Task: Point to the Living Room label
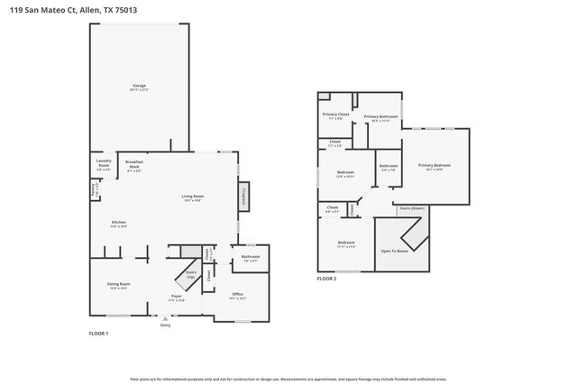193,198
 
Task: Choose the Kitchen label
118,224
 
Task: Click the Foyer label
178,297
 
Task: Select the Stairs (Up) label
190,273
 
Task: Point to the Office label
238,295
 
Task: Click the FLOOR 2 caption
326,279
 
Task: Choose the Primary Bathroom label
380,117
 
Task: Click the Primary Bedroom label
434,166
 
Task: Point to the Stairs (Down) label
412,208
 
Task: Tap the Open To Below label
395,252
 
